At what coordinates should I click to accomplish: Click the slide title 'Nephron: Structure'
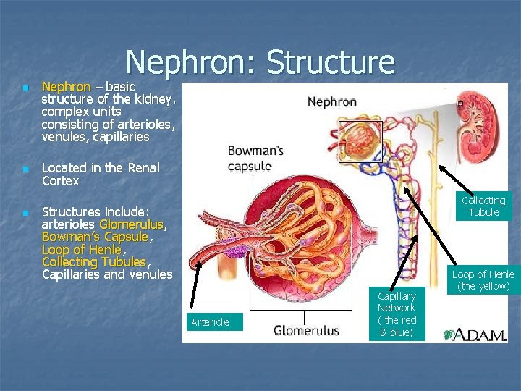(x=260, y=62)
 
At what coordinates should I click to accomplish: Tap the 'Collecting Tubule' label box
(x=483, y=206)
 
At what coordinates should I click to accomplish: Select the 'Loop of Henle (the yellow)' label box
(x=483, y=280)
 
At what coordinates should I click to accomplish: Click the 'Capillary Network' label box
(x=396, y=314)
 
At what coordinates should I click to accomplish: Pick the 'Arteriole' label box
(x=211, y=322)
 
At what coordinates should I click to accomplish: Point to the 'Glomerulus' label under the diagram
(x=306, y=331)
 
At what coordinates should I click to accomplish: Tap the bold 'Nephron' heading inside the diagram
(x=332, y=102)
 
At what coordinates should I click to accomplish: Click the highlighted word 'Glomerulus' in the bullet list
(x=132, y=224)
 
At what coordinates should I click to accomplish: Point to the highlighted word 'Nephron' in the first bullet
(x=66, y=87)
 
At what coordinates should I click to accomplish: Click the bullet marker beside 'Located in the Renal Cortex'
(x=25, y=169)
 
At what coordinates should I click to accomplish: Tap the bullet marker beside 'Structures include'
(x=25, y=213)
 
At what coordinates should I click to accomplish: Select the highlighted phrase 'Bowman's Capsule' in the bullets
(x=95, y=237)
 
